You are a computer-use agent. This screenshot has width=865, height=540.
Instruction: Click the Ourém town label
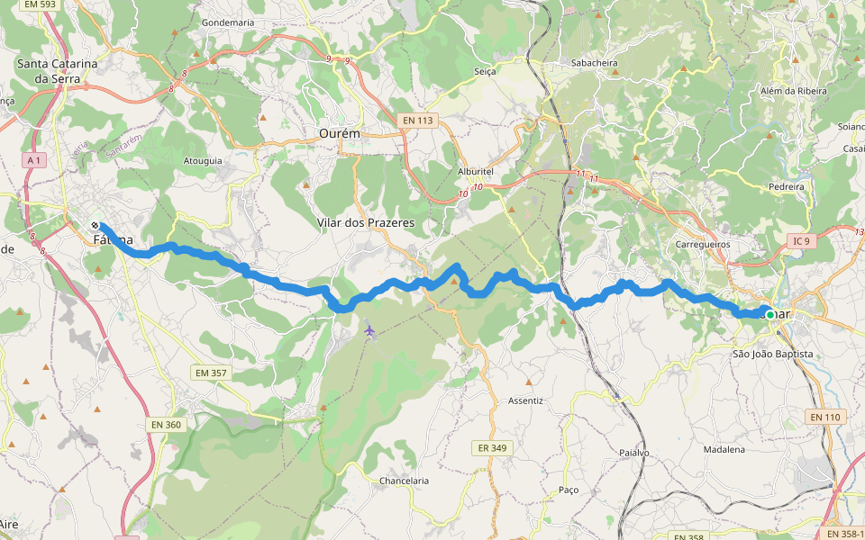tap(339, 133)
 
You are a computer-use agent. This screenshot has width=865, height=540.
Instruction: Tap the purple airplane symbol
tap(369, 330)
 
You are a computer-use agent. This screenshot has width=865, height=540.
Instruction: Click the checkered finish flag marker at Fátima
tap(95, 225)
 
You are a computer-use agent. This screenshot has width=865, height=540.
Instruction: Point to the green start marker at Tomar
tap(769, 314)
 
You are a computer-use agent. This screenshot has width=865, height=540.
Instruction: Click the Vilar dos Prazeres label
tap(366, 221)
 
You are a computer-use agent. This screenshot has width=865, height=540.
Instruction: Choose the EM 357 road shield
tap(210, 373)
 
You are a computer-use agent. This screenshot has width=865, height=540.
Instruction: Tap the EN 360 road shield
tap(167, 424)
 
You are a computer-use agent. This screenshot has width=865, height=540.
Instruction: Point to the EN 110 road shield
tap(824, 417)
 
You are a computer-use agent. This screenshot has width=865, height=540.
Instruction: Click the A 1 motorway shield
tap(35, 159)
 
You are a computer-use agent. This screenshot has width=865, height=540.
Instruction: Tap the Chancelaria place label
tap(404, 481)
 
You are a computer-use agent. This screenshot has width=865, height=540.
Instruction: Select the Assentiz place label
tap(526, 400)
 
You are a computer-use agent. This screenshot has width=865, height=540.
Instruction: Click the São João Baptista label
tap(772, 354)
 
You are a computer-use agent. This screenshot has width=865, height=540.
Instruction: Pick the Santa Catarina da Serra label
tap(57, 71)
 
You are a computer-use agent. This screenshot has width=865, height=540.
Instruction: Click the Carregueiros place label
tap(703, 244)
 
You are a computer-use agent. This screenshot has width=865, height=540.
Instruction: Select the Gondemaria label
tap(228, 22)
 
